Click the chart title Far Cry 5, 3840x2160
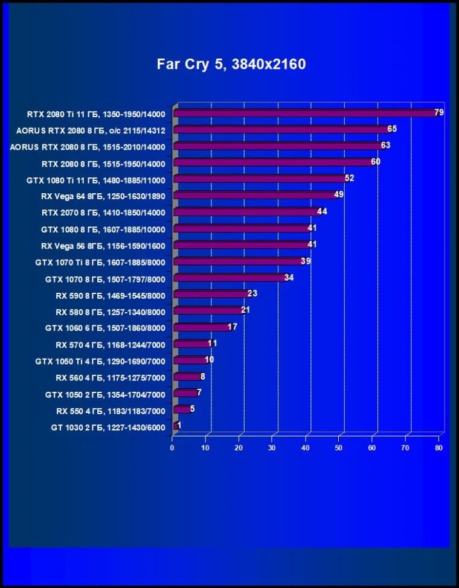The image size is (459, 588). (231, 65)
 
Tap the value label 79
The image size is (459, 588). (439, 112)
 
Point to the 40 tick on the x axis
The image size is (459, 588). (306, 448)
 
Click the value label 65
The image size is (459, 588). (392, 129)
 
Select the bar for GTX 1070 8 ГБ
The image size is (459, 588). (230, 278)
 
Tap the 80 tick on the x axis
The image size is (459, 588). (439, 448)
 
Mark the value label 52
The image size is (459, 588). (349, 178)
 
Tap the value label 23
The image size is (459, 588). (252, 293)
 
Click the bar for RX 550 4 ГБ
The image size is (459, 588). (182, 410)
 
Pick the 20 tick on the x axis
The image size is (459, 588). (239, 448)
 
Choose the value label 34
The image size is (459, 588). (289, 277)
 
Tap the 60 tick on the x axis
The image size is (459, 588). (372, 448)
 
